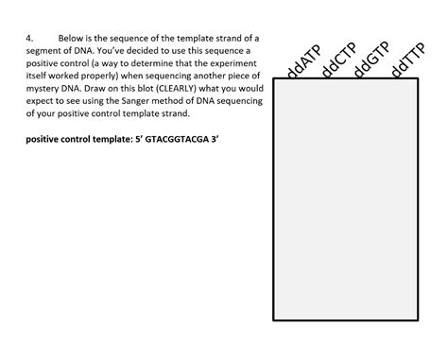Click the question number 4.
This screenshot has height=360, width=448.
29,39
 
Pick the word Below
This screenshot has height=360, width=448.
74,39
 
